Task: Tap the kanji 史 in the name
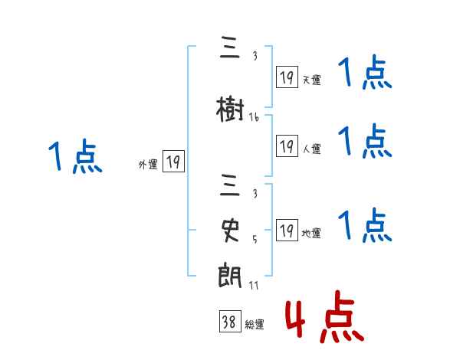tap(230, 230)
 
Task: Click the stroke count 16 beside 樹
tap(254, 117)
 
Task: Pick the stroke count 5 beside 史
tap(254, 238)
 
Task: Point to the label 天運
tap(311, 80)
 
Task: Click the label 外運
tap(147, 164)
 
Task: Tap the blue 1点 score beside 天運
tap(365, 75)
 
